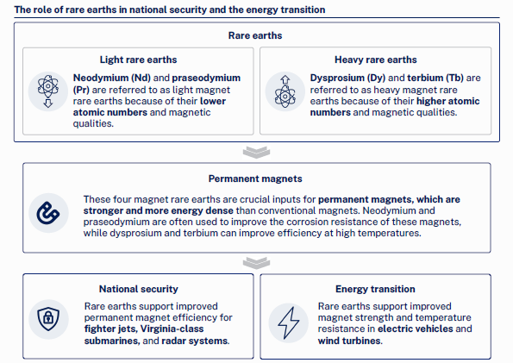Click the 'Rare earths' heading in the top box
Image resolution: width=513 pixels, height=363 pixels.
255,35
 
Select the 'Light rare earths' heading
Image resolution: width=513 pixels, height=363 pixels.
138,59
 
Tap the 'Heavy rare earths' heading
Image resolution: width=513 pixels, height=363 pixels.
376,59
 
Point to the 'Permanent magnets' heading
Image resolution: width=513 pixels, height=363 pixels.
255,178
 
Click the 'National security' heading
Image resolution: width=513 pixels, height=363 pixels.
139,289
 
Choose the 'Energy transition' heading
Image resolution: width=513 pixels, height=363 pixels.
375,289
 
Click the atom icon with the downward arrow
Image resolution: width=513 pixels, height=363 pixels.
48,91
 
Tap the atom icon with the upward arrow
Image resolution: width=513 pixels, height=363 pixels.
285,91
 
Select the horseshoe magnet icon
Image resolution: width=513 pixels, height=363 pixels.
48,213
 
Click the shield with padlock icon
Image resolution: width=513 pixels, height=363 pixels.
48,319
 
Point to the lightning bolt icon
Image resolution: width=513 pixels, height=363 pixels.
288,322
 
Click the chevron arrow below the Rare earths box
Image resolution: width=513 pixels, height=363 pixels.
257,153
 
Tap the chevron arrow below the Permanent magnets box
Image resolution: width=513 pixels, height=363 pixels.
257,263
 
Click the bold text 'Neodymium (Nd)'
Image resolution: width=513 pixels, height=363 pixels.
112,78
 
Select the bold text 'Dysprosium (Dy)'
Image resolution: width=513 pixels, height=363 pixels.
347,78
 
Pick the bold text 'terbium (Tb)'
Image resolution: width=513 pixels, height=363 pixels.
435,78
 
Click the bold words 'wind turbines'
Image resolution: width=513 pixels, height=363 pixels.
349,341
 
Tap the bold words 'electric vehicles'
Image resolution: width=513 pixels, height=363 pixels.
416,329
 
